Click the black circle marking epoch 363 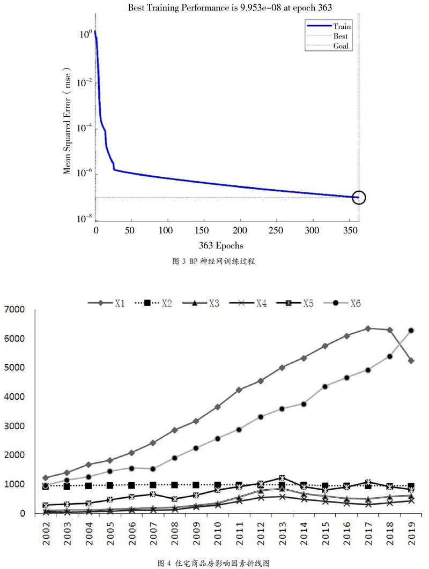click(359, 198)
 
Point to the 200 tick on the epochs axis click(241, 230)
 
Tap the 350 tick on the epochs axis click(349, 230)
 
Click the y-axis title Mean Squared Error click(68, 121)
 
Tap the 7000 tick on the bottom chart click(16, 310)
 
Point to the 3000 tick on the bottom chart click(16, 426)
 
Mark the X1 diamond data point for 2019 click(411, 361)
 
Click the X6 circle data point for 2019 click(411, 331)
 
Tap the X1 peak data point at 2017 click(368, 328)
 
